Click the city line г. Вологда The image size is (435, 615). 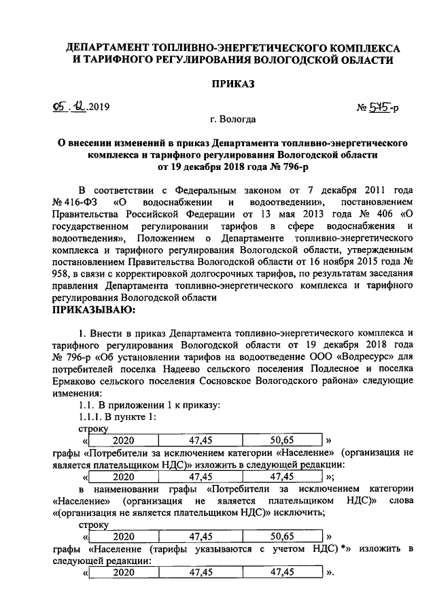pos(233,120)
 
